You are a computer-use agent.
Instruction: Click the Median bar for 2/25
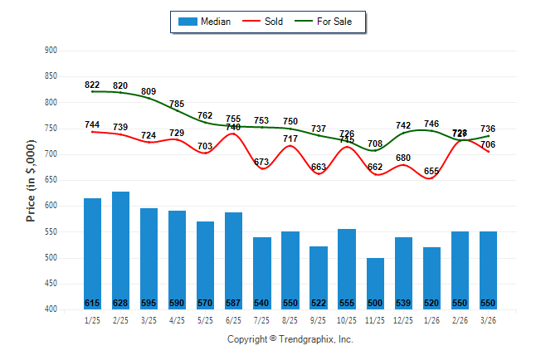(121, 249)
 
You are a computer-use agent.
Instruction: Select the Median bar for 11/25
(375, 282)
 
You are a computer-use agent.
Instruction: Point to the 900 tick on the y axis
(51, 51)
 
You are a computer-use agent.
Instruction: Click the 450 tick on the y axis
(51, 284)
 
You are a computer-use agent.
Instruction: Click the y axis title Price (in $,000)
(31, 180)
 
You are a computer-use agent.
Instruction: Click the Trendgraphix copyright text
(290, 339)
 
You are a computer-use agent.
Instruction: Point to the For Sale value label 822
(92, 85)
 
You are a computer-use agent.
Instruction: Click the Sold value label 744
(92, 124)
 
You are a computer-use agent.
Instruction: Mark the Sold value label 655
(431, 171)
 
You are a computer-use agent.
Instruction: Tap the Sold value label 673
(262, 162)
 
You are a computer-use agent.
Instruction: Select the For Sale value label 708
(375, 144)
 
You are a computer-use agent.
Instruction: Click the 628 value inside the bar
(121, 303)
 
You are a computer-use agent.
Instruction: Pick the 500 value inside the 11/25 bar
(375, 303)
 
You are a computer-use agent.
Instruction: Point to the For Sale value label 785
(177, 104)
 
